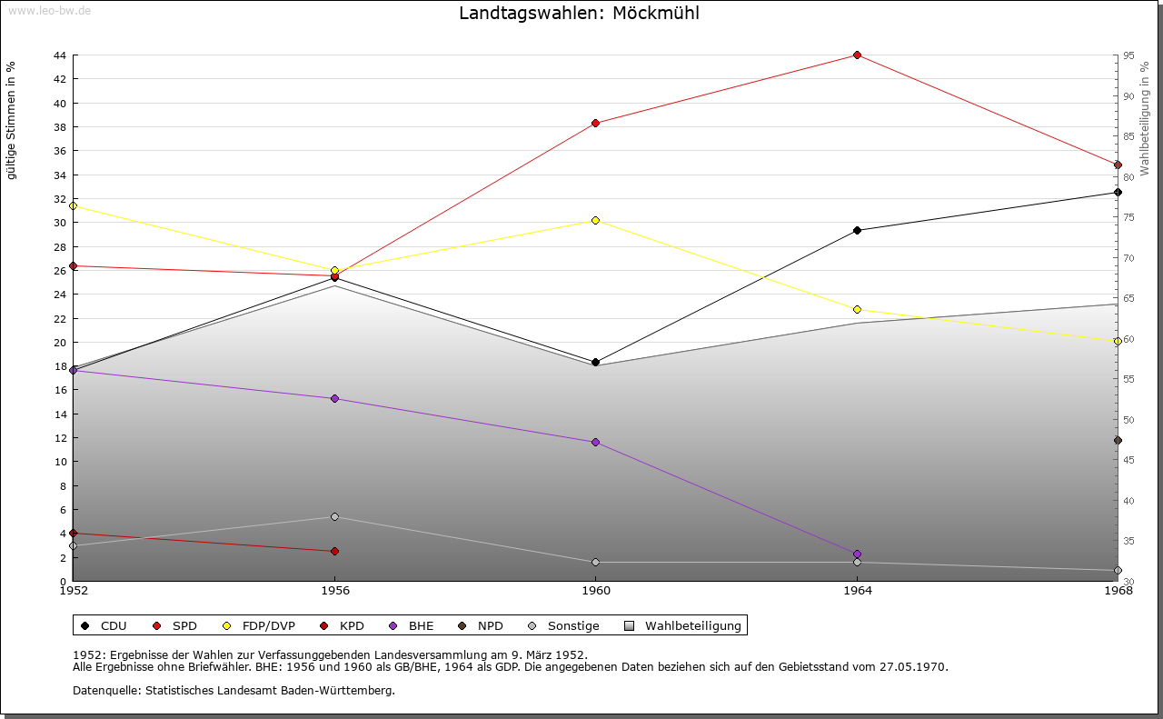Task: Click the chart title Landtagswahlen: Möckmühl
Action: (579, 14)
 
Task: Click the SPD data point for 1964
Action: (857, 55)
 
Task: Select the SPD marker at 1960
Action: (595, 124)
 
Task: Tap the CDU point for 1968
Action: (1118, 193)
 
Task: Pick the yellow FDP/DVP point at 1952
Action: (73, 205)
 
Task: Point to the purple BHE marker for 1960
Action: (595, 443)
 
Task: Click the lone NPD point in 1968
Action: (1118, 441)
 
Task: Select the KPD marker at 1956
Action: (334, 552)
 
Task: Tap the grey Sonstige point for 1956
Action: (334, 517)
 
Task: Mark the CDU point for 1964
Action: (857, 231)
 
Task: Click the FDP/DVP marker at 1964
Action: (857, 310)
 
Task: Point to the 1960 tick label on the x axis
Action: (595, 591)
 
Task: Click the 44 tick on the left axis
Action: (59, 55)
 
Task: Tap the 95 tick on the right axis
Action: (1128, 55)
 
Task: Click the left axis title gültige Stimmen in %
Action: (12, 121)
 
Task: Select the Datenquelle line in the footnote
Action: (234, 691)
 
